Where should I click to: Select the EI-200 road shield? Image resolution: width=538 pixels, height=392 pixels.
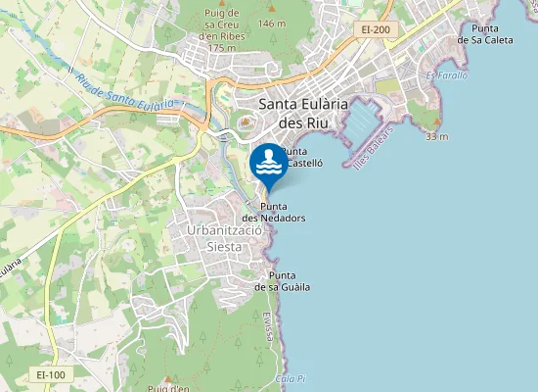click(376, 30)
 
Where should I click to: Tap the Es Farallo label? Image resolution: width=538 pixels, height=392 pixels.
click(447, 75)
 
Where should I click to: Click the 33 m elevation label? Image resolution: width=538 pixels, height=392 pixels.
click(436, 136)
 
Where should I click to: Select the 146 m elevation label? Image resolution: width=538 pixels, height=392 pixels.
click(272, 23)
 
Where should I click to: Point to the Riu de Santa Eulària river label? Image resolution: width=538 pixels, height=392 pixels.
click(122, 91)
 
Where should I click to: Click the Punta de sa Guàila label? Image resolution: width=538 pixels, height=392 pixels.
click(283, 281)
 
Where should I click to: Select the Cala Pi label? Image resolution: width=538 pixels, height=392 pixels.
click(291, 378)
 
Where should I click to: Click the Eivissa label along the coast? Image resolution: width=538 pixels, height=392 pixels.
click(267, 325)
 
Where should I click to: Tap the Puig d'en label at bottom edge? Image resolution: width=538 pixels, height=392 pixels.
click(166, 387)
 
